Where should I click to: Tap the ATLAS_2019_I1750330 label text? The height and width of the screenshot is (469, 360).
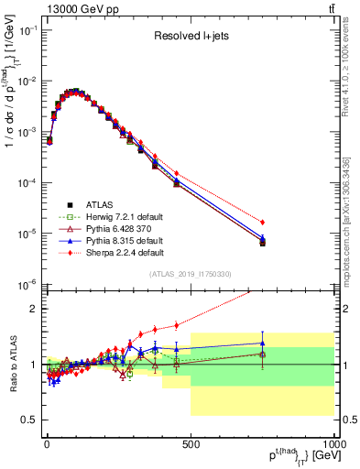click(x=190, y=274)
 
